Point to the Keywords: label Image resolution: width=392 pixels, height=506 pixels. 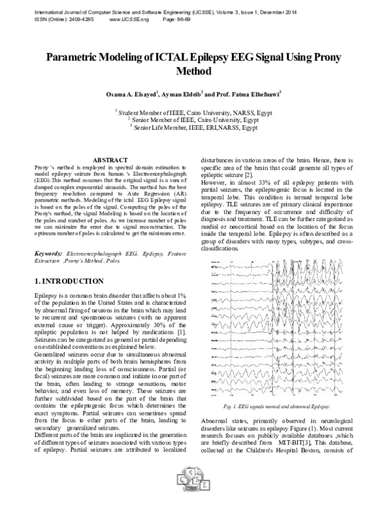(48, 252)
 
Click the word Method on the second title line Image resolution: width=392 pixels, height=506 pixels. (195, 70)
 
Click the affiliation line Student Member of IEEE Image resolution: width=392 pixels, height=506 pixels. (196, 112)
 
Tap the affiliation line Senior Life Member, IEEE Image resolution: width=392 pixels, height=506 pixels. (196, 128)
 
